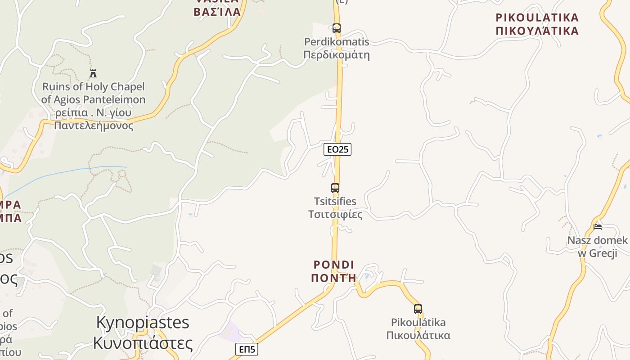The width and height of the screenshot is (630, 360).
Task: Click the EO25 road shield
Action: (337, 149)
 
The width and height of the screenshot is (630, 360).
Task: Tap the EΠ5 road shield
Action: (247, 349)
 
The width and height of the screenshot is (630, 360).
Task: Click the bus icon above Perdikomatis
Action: (337, 28)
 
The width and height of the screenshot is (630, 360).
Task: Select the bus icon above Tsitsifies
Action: (335, 188)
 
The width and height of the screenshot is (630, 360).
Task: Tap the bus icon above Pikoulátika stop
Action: (418, 309)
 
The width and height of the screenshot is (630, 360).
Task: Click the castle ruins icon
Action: (93, 73)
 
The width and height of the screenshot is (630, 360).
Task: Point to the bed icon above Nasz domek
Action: (598, 226)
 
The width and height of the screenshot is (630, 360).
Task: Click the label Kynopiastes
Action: (143, 322)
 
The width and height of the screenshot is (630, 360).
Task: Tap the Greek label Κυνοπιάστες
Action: (143, 343)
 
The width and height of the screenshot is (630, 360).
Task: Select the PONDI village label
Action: (334, 265)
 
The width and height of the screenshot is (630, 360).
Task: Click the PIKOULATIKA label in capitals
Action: (537, 18)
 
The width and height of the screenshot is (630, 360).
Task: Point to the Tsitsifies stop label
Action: (335, 201)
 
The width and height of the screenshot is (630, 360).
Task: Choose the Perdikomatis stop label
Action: (337, 42)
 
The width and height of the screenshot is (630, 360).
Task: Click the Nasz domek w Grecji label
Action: (597, 247)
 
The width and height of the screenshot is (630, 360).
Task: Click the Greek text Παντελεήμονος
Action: (94, 126)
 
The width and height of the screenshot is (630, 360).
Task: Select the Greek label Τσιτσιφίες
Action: (335, 214)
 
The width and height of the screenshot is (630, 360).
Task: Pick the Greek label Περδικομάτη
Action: (337, 55)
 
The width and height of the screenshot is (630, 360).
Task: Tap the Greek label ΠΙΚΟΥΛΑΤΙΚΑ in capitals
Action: (537, 31)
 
